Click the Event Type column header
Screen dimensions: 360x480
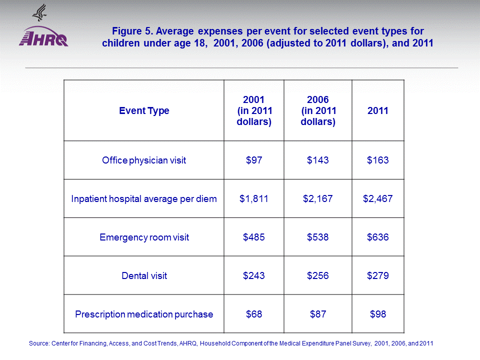click(x=144, y=111)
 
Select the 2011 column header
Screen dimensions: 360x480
click(x=378, y=111)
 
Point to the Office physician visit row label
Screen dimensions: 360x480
click(x=144, y=160)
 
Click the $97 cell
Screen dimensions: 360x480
click(x=254, y=160)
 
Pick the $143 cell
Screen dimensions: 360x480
click(x=318, y=160)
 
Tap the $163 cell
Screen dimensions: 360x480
click(x=378, y=160)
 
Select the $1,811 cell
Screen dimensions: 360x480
click(x=254, y=199)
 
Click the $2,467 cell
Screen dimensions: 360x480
click(x=378, y=199)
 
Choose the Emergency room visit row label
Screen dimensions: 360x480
click(x=144, y=237)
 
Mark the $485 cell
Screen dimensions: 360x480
click(x=254, y=237)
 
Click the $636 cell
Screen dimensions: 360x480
click(x=378, y=237)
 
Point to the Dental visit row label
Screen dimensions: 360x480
click(x=144, y=276)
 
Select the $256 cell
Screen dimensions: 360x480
click(x=318, y=276)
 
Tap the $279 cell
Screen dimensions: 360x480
click(x=378, y=276)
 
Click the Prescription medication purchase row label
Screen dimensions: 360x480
click(x=144, y=314)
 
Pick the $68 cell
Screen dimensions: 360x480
click(x=254, y=314)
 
